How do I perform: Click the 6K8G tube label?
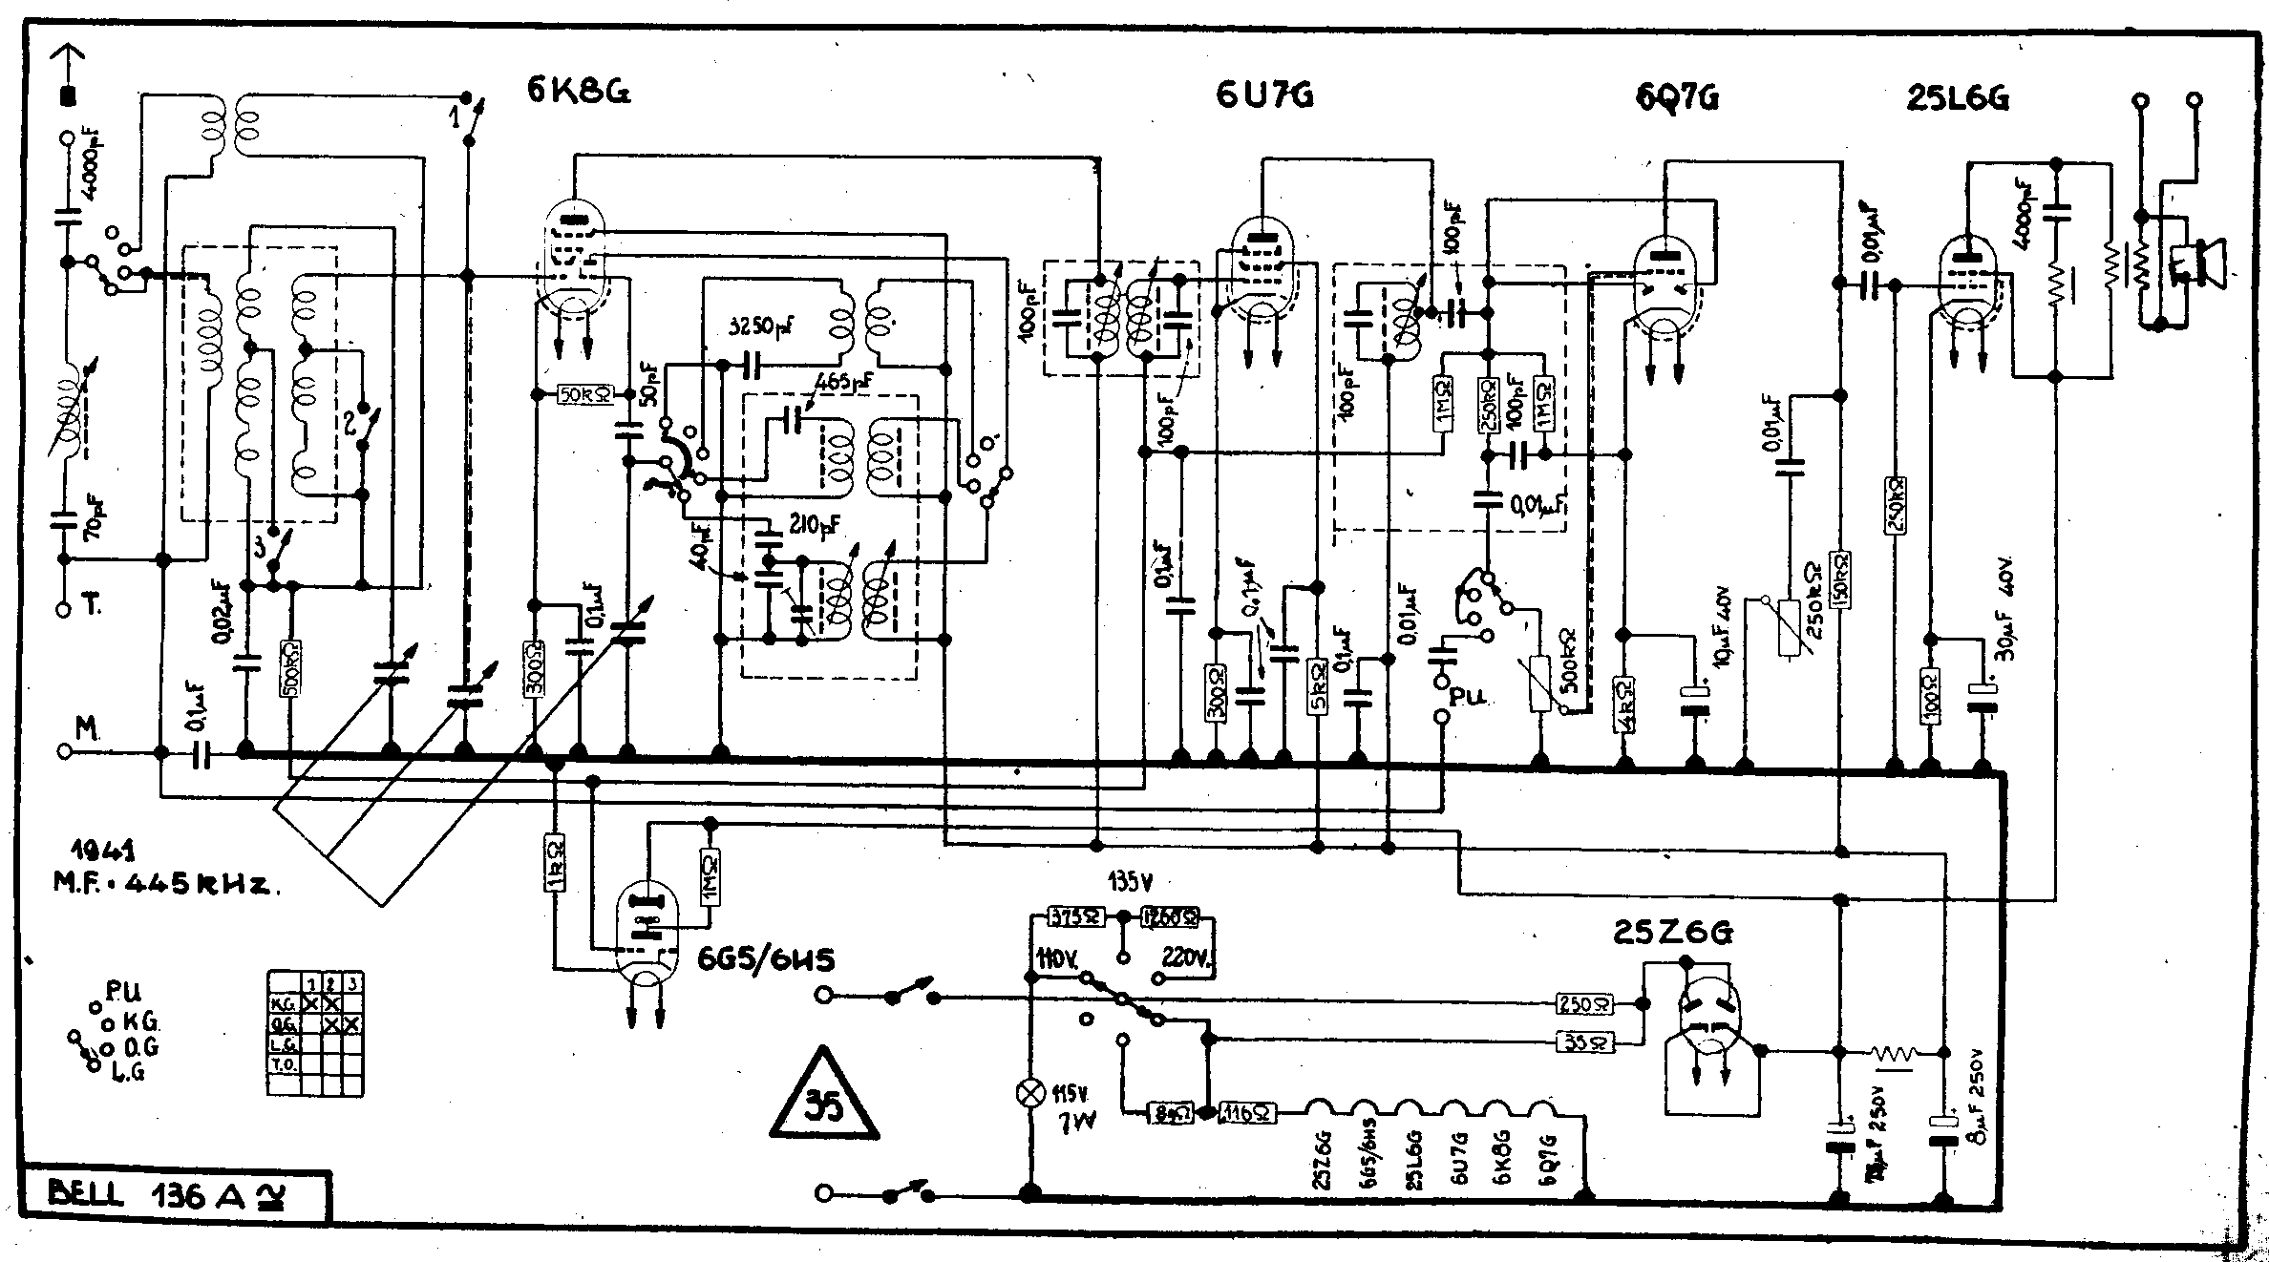coord(578,91)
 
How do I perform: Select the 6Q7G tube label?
coord(1677,98)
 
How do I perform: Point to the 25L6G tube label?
coord(1957,98)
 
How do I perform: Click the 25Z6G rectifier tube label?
coord(1672,933)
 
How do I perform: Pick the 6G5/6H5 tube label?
coord(766,958)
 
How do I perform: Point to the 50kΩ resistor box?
coord(583,394)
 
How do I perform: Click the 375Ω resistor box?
coord(1076,917)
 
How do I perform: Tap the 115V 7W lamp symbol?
coord(1029,1094)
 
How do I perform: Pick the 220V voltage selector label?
coord(1188,956)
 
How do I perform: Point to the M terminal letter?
coord(87,730)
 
